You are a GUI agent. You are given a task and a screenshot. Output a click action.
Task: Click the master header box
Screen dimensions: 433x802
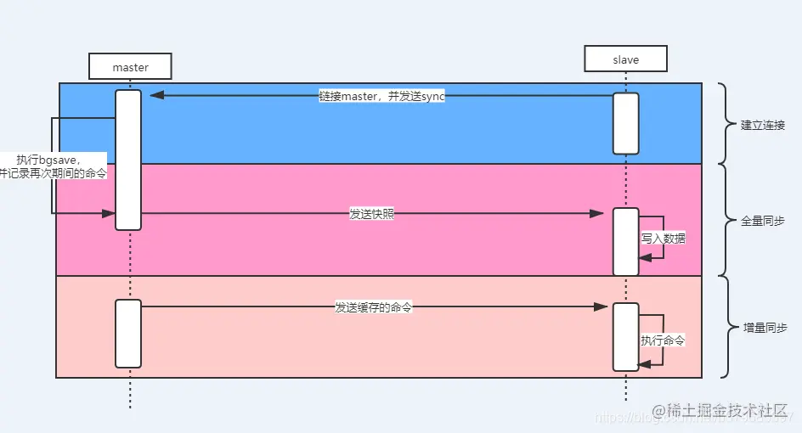(x=130, y=66)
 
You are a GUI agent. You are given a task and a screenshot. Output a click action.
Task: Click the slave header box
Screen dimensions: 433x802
(x=625, y=59)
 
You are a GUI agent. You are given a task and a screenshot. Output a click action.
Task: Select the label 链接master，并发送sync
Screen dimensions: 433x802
(x=381, y=96)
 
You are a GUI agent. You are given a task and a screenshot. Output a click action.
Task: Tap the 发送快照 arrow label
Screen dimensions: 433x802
(x=371, y=214)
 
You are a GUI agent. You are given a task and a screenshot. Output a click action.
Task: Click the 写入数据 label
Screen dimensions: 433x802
(x=663, y=239)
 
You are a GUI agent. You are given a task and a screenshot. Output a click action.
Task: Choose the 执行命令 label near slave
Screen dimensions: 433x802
(x=663, y=340)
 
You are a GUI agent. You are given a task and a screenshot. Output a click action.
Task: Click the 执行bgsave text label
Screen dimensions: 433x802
(x=53, y=166)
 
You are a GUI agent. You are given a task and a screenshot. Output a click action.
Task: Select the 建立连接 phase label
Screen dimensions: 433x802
(x=762, y=125)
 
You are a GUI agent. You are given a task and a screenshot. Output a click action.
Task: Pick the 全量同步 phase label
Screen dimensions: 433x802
(x=762, y=220)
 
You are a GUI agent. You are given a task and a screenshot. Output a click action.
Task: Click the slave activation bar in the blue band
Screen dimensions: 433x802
(x=625, y=123)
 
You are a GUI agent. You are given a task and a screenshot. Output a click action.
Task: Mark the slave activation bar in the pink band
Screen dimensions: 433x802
(x=625, y=241)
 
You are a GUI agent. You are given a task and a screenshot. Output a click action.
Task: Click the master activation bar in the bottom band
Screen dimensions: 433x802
(x=128, y=333)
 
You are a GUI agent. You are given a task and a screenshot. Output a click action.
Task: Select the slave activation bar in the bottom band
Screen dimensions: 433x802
(x=625, y=336)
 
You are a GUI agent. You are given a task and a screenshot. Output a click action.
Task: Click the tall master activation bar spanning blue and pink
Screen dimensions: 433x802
(x=128, y=160)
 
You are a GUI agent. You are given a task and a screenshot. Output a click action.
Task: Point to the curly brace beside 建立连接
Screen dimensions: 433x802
(x=725, y=124)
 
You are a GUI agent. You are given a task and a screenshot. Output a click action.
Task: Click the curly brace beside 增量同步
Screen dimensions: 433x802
(x=725, y=327)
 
